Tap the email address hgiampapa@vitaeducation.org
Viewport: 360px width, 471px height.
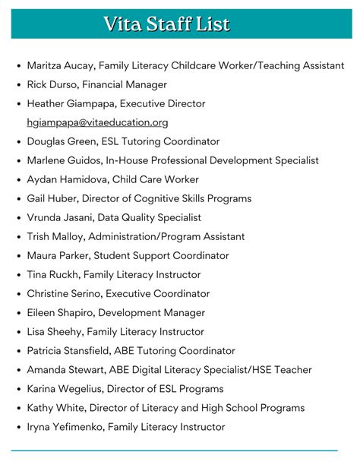(97, 122)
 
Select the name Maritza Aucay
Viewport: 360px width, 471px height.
(59, 66)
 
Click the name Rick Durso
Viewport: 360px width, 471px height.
(52, 85)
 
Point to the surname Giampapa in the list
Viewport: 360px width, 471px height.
(91, 104)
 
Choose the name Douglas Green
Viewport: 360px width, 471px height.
(60, 141)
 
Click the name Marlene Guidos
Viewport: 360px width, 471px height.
(63, 160)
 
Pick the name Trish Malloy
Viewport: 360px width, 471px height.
(55, 236)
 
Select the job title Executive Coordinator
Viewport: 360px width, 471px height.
(157, 293)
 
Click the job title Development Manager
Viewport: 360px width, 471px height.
(159, 312)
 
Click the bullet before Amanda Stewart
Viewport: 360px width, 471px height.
(18, 370)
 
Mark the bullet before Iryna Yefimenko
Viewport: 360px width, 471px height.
(18, 428)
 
